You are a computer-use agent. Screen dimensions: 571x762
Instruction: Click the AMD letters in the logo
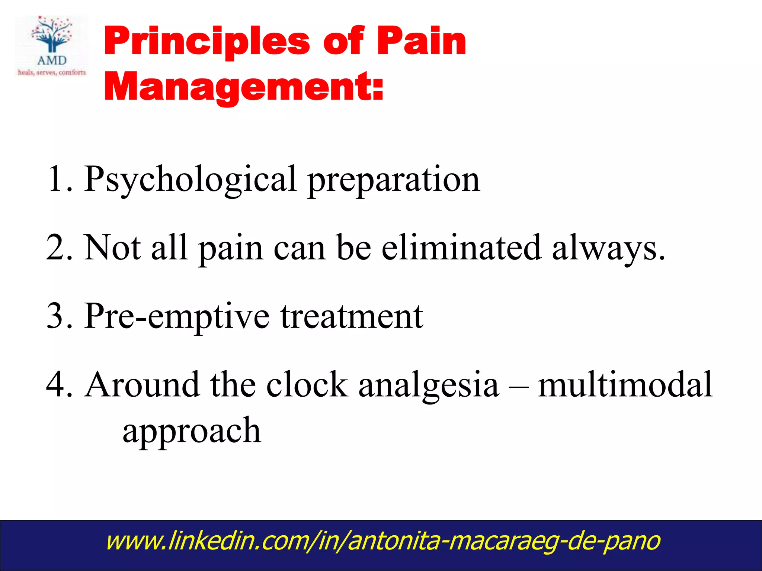click(x=52, y=60)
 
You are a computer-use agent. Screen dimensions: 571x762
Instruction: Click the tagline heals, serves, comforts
click(x=52, y=72)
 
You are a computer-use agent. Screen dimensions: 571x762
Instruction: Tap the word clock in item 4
click(x=307, y=385)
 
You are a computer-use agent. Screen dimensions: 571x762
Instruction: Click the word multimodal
click(x=625, y=385)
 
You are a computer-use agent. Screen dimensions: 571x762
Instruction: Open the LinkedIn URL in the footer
click(x=382, y=541)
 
